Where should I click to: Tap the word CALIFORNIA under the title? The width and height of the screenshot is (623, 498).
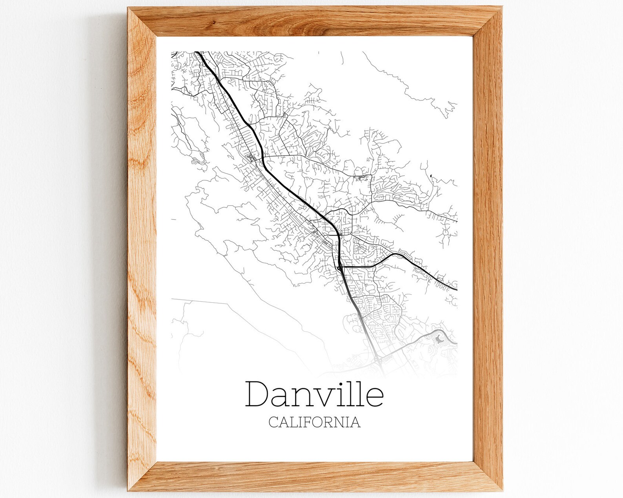pos(315,422)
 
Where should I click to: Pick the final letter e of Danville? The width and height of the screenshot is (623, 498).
pos(375,397)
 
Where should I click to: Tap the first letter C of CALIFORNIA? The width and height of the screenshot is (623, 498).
pos(274,422)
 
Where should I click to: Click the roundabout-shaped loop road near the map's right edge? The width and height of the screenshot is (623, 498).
pos(446,234)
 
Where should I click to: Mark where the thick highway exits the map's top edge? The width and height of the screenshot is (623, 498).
pos(197,52)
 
